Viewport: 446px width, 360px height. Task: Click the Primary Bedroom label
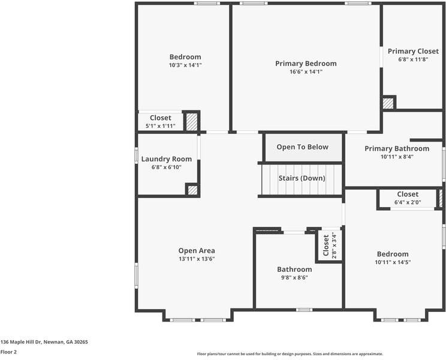pos(306,63)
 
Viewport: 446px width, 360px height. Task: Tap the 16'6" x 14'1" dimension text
pos(306,71)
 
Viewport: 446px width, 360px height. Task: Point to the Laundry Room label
pos(167,159)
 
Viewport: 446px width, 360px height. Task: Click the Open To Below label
pos(302,147)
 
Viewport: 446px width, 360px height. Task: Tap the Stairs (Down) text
pos(302,178)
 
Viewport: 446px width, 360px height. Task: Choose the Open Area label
pos(197,251)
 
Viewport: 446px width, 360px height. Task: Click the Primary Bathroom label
pos(396,148)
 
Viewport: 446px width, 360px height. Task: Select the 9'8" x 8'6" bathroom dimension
pos(294,278)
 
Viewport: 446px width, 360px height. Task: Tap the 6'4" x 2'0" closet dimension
pos(408,202)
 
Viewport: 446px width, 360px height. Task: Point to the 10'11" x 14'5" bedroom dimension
pos(393,262)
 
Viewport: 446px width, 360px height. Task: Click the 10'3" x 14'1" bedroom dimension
pos(185,65)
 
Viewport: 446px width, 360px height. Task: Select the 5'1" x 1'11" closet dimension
pos(160,126)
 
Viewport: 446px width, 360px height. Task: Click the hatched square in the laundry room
pos(192,190)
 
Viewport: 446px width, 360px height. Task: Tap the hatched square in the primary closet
pos(388,103)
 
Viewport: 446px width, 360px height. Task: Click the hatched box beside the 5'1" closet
pos(191,121)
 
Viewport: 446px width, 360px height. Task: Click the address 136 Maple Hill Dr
pos(44,341)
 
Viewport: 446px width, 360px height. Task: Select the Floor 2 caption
pos(8,352)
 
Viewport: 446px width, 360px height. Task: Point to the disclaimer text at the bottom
pos(290,354)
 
